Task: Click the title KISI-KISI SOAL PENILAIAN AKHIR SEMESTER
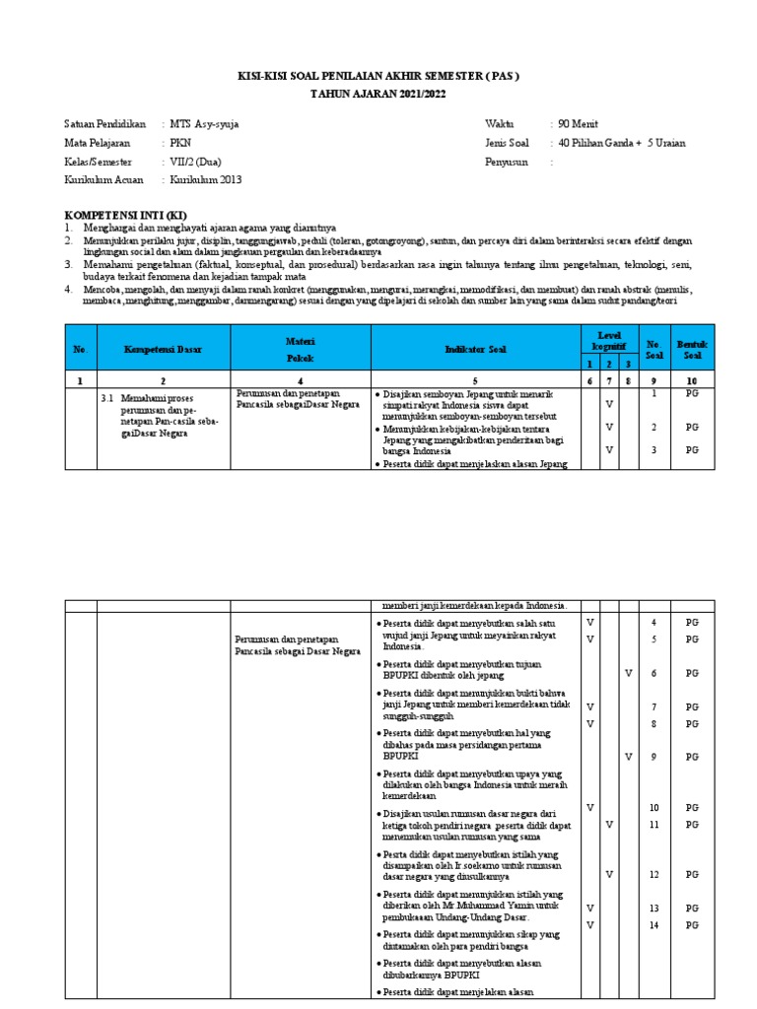[x=378, y=75]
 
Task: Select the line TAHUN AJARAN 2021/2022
[x=378, y=92]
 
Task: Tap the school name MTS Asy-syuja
[x=204, y=124]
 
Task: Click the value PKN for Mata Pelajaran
[x=181, y=143]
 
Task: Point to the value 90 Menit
[x=578, y=124]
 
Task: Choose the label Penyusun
[x=507, y=162]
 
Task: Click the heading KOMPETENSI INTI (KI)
[x=125, y=215]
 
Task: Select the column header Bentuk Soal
[x=691, y=350]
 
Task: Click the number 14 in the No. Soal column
[x=653, y=925]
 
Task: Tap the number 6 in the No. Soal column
[x=653, y=673]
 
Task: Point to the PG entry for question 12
[x=692, y=874]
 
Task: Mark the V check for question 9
[x=628, y=757]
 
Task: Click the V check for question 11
[x=609, y=824]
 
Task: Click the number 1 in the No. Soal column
[x=653, y=394]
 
